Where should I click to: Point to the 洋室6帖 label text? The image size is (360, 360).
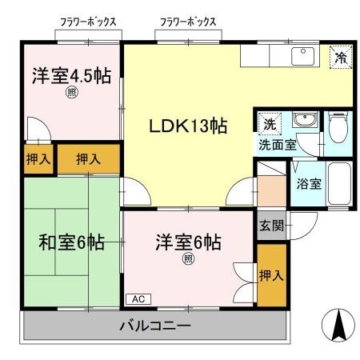pos(188,242)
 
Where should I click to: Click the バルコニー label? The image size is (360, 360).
pos(155,326)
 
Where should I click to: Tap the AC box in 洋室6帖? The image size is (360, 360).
pos(137,298)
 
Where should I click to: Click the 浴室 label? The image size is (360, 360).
pos(309,183)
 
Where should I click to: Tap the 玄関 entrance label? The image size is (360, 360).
pos(270,225)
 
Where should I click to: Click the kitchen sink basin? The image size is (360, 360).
pos(302,55)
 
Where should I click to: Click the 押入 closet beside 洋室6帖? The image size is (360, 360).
pos(270,274)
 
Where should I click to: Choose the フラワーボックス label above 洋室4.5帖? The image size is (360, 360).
pos(89,22)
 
